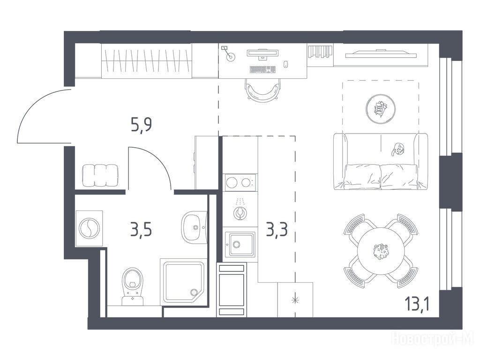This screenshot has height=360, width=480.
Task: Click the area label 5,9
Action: click(142, 124)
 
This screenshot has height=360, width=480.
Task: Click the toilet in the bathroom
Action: click(133, 286)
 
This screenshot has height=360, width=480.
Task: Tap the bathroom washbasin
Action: click(194, 227)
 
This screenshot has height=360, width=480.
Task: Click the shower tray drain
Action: click(194, 292)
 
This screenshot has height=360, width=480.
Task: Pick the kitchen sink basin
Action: click(240, 244)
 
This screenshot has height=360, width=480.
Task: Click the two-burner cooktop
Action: click(240, 182)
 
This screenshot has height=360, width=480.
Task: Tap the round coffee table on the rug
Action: click(381, 109)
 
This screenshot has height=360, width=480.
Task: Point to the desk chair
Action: click(262, 90)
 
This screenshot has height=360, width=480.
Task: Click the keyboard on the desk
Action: click(262, 69)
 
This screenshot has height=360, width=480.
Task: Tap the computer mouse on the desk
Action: click(286, 64)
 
